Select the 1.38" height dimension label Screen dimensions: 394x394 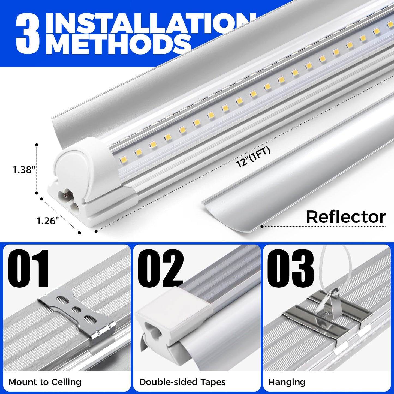pos(24,170)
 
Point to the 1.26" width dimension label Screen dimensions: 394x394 pos(48,221)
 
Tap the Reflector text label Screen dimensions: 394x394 pos(346,217)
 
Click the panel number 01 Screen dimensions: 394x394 pos(29,269)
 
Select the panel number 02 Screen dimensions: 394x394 pos(160,269)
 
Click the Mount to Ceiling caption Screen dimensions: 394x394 pos(45,382)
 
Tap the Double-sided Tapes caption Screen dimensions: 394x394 pos(182,382)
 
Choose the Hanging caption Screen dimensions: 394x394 pos(287,382)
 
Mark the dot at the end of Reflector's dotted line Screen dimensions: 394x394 pos(262,226)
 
